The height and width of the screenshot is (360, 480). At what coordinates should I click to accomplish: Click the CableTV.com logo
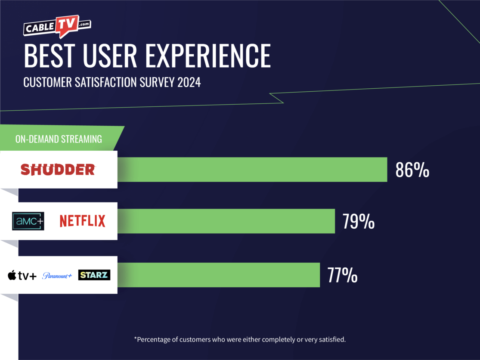click(57, 27)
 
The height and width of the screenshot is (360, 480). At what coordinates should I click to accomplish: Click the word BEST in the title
click(47, 56)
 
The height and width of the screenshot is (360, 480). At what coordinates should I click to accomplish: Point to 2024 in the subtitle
click(189, 82)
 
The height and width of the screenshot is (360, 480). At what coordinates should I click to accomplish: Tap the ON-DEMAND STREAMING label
click(59, 139)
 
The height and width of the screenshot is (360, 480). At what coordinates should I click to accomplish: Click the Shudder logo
click(58, 170)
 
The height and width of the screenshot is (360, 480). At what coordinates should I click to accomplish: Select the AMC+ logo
click(28, 221)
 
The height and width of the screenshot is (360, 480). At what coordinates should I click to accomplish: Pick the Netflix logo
click(82, 221)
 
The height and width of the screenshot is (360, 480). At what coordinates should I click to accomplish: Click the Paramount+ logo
click(57, 276)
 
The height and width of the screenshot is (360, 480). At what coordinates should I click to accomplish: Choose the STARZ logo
click(94, 275)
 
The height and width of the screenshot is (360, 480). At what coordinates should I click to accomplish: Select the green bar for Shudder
click(252, 170)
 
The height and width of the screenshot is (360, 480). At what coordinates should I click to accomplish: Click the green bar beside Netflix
click(226, 221)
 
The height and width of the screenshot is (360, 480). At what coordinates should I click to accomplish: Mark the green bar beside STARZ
click(219, 275)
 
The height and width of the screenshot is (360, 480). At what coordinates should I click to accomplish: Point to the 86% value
click(412, 171)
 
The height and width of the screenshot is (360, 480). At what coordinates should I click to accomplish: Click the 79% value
click(358, 222)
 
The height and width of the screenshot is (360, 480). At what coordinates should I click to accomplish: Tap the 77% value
click(342, 276)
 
